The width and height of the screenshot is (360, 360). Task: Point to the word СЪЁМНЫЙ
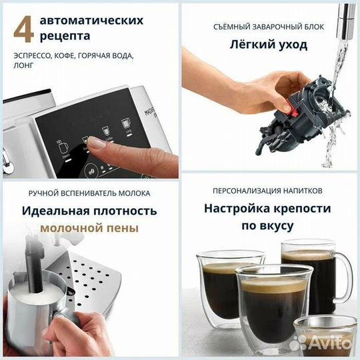pyautogui.click(x=232, y=27)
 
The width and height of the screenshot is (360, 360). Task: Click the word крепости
pyautogui.click(x=305, y=208)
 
